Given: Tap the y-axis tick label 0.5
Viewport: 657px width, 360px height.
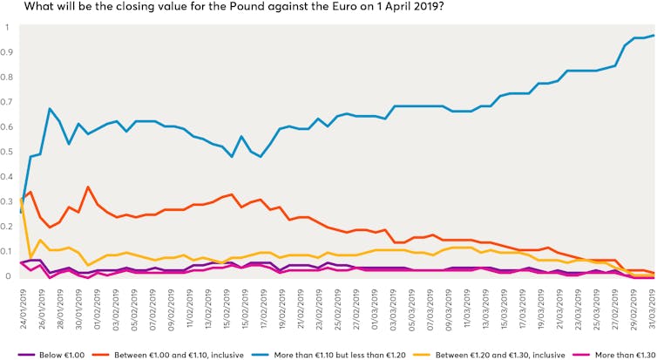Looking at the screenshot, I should pyautogui.click(x=8, y=153).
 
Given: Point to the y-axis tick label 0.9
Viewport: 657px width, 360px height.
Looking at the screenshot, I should pyautogui.click(x=8, y=52).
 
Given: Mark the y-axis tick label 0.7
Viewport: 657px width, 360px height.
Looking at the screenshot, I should pyautogui.click(x=8, y=102).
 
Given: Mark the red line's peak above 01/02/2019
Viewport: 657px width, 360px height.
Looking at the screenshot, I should pyautogui.click(x=88, y=187).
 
